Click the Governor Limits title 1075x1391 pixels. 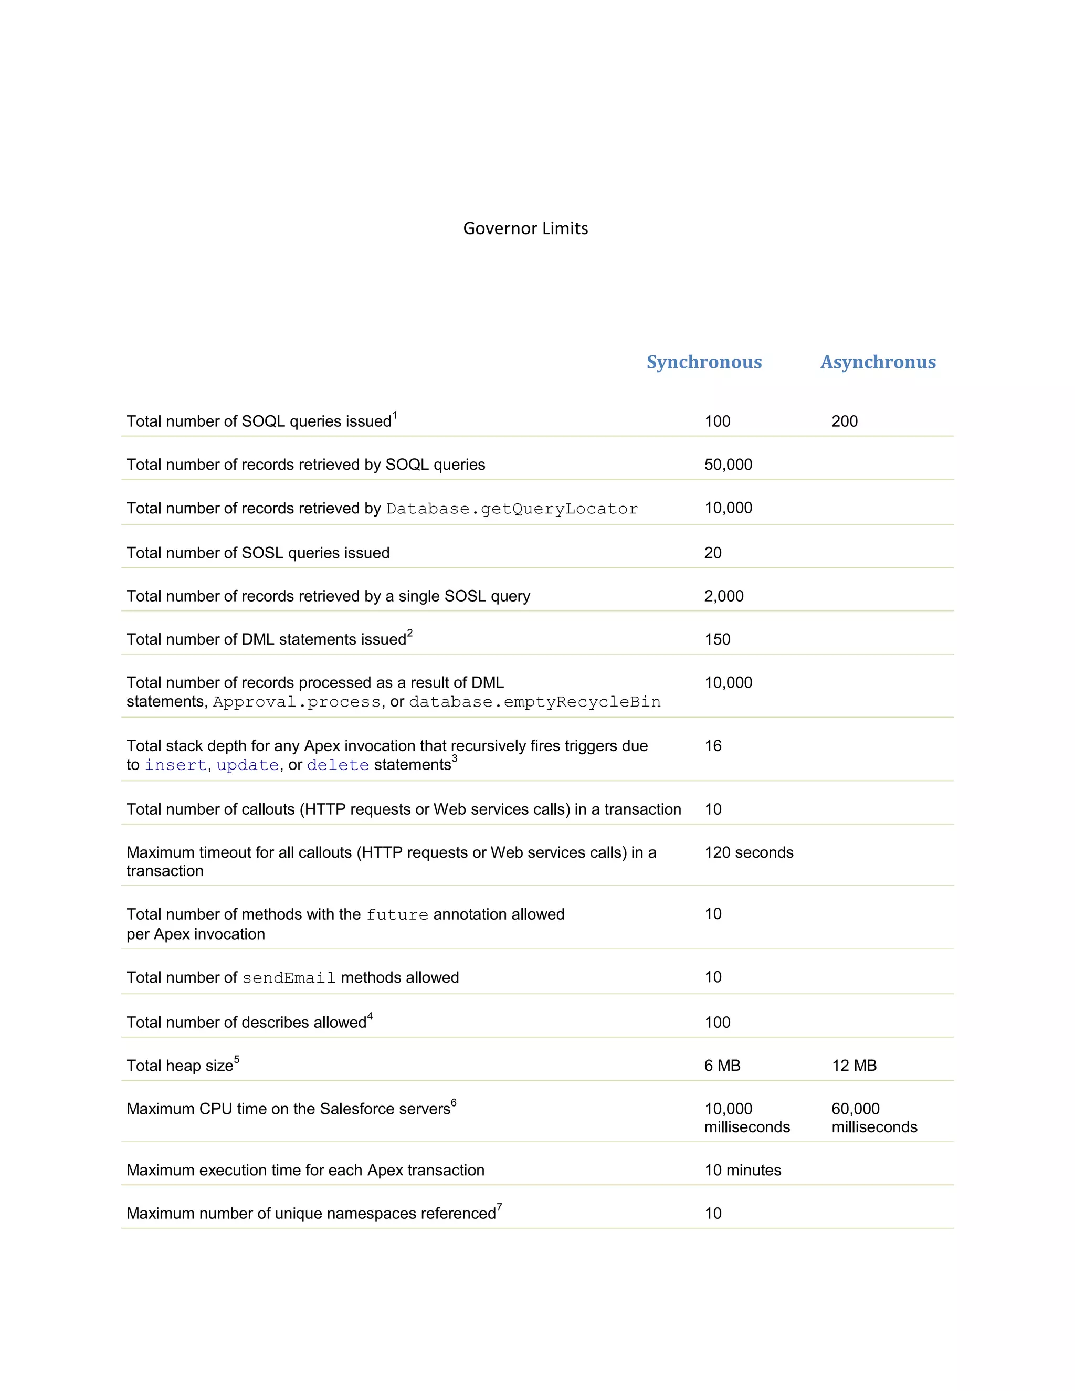525,228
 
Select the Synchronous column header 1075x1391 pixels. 704,362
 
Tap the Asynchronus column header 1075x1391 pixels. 878,362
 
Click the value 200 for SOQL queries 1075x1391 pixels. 844,421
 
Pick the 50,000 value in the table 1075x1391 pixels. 728,465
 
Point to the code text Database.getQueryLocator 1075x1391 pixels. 511,509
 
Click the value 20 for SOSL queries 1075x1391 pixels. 713,553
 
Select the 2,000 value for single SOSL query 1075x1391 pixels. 723,596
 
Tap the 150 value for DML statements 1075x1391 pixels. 717,639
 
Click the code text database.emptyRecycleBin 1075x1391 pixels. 534,702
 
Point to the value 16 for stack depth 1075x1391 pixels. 713,746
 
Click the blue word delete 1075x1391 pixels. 338,765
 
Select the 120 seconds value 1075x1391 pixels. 749,852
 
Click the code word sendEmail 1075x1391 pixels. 289,978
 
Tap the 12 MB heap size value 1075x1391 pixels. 853,1066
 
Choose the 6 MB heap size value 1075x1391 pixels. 722,1066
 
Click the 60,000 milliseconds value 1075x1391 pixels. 874,1118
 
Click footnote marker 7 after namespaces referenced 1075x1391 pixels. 499,1206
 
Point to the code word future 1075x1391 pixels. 397,914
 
